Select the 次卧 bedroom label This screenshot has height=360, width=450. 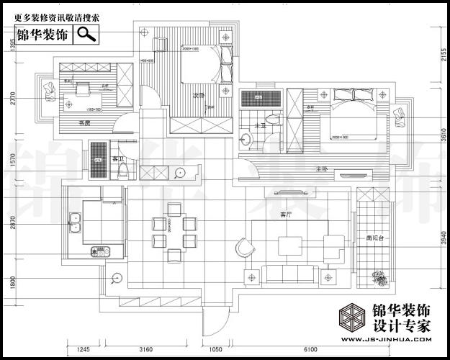(199, 95)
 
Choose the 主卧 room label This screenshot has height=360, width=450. (322, 168)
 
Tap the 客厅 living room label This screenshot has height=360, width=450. (286, 214)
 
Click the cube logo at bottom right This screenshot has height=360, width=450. (353, 318)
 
